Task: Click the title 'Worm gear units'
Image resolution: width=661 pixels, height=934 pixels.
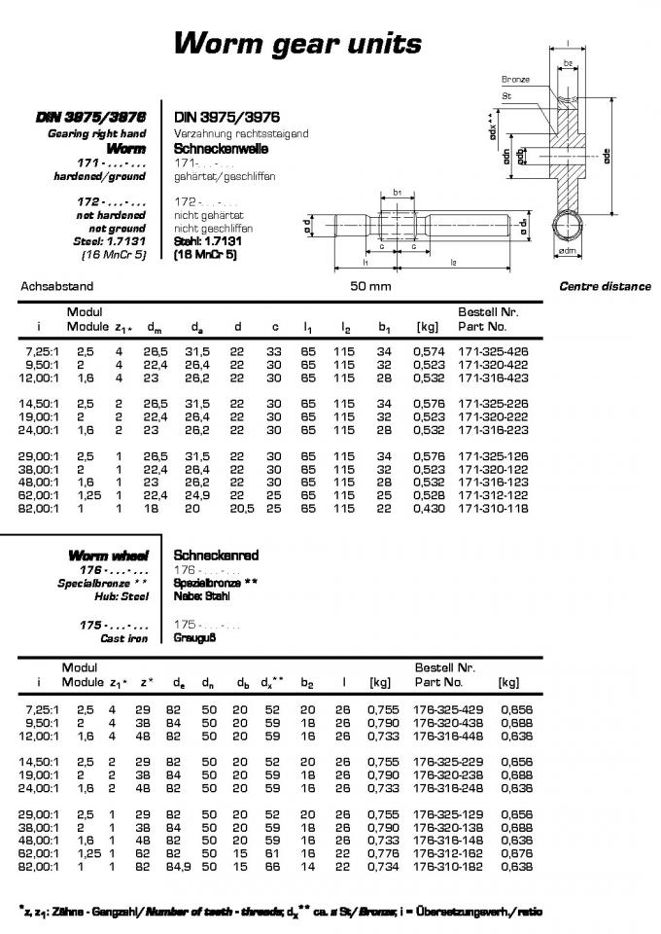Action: click(297, 43)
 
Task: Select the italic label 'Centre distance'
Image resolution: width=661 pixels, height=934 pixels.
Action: click(604, 287)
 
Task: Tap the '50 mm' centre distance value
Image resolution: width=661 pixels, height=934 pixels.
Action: click(370, 287)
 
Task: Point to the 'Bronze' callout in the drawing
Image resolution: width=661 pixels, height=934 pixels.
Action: click(515, 80)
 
